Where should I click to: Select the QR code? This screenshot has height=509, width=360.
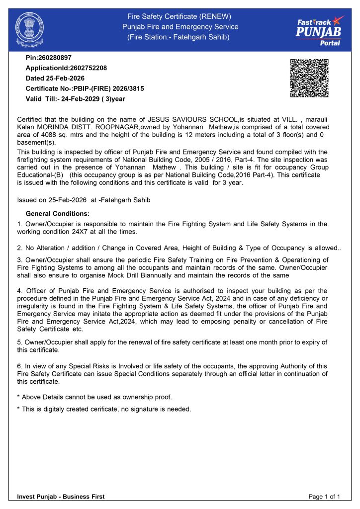(x=309, y=78)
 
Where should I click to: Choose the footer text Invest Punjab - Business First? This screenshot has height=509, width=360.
(x=61, y=497)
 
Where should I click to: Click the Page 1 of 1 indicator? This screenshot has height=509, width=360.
(x=324, y=497)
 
